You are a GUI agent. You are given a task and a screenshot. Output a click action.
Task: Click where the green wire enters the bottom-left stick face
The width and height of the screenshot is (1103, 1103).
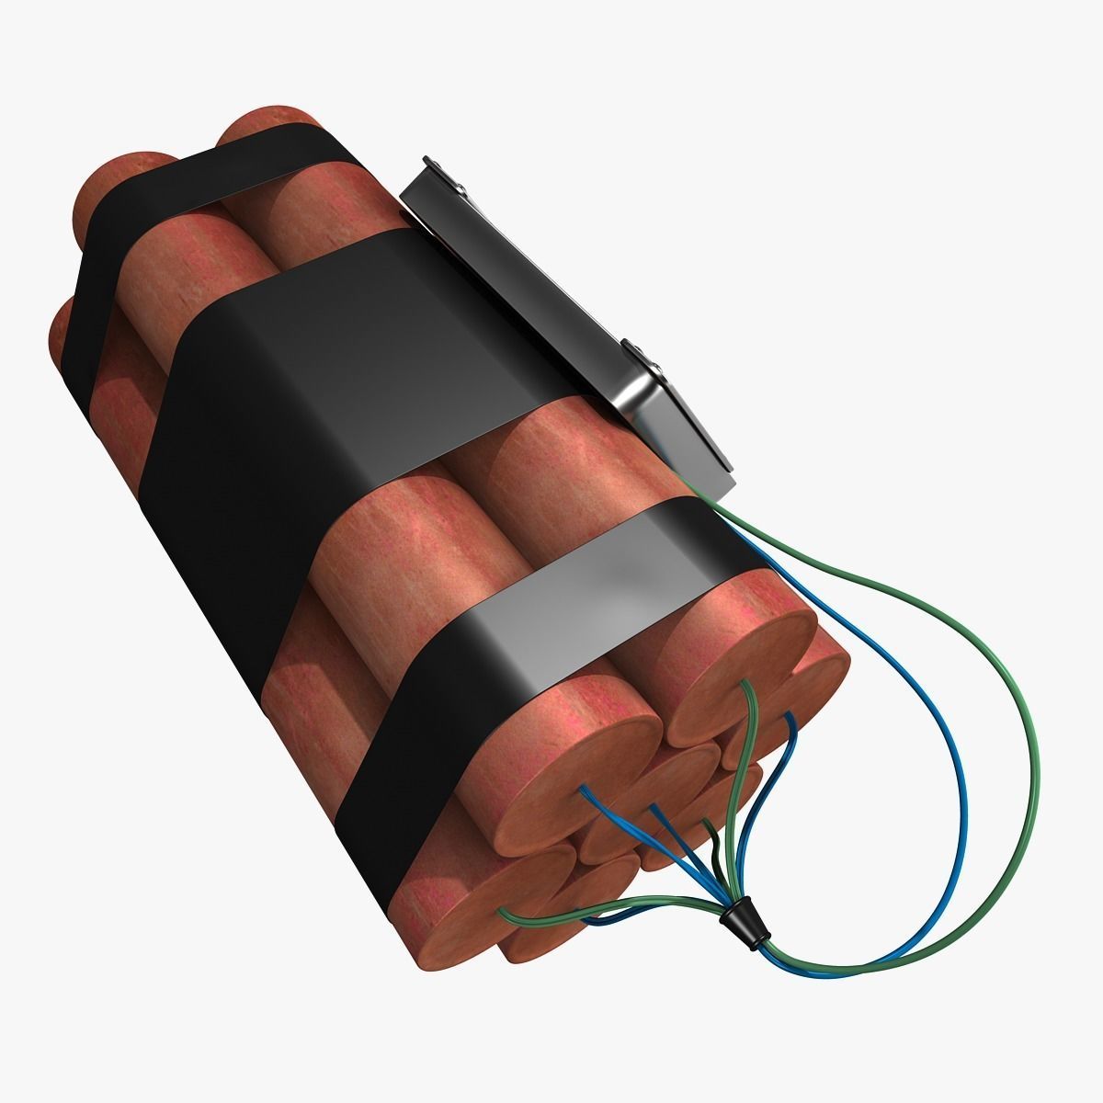[504, 914]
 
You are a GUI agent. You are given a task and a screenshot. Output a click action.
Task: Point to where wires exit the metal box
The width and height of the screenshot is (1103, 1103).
[699, 496]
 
